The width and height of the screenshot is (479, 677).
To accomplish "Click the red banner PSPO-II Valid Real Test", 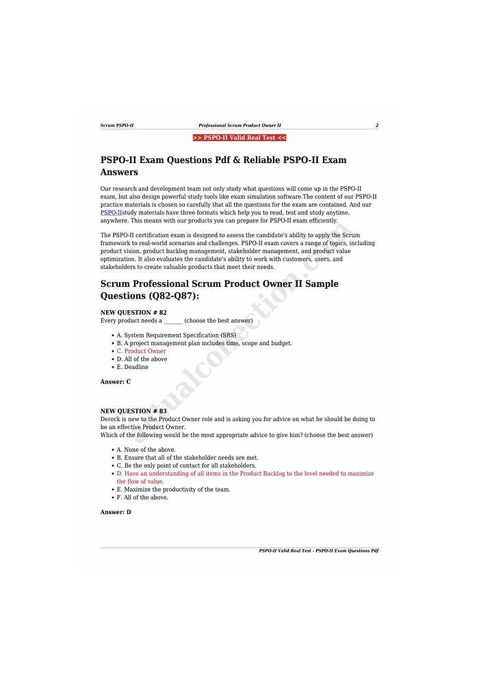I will coord(239,138).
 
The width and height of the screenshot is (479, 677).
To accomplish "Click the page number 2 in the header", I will coord(376,125).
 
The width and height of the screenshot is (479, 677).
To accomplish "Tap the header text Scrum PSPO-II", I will coord(117,125).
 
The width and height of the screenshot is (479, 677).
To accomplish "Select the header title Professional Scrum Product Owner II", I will coord(239,125).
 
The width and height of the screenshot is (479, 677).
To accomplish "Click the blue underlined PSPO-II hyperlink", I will coord(111,213).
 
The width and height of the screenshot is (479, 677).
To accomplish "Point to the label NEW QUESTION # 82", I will coord(133,312).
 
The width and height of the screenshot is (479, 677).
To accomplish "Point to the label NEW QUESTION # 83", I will coord(133,411).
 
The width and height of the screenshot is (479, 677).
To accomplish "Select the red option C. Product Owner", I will coord(141,351).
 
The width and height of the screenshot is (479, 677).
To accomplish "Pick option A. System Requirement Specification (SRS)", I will coord(176,335).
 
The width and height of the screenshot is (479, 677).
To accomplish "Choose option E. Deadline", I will coord(132,367).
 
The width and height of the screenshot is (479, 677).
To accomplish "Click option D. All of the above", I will coord(142,359).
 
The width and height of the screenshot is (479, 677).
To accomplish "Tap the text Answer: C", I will coord(116,382).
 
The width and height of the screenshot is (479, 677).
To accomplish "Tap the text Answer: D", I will coord(116,512).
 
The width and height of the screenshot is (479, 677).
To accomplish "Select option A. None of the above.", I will coord(146,450).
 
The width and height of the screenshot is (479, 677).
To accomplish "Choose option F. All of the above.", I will coord(142,498).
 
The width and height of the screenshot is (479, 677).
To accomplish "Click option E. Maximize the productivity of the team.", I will coord(173,489).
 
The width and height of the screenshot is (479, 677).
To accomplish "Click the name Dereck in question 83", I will coord(110,419).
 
